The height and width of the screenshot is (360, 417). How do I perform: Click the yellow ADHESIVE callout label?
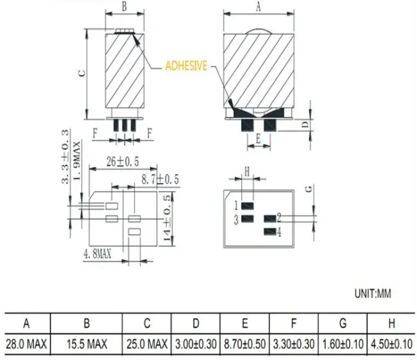[186, 66]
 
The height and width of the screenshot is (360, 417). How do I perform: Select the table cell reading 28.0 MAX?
[26, 345]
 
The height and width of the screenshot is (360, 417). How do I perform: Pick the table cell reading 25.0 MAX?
[148, 345]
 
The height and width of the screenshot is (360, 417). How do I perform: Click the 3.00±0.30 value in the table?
[196, 345]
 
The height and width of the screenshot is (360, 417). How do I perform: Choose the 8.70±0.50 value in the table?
[245, 345]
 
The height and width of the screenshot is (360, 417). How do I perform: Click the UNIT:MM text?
[373, 294]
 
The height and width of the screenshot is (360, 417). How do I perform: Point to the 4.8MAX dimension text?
[97, 254]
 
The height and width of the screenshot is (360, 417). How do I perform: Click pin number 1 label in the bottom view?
[236, 206]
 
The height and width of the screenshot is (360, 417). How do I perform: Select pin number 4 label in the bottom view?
[280, 232]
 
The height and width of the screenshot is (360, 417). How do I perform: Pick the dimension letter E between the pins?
[258, 137]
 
